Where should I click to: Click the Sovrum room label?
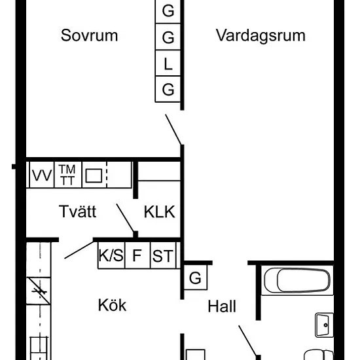[89, 35]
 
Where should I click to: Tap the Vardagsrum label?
[261, 35]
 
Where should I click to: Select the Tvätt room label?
[78, 211]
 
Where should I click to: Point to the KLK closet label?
[160, 211]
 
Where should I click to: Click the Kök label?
[113, 305]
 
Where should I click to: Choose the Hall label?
[222, 306]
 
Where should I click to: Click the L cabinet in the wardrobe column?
[168, 63]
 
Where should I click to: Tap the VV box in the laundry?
[42, 175]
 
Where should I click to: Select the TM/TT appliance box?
[67, 175]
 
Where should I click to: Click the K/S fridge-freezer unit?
[111, 255]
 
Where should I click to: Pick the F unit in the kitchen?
[137, 255]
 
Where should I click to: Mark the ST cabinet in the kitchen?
[163, 255]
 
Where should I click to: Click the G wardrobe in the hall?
[196, 278]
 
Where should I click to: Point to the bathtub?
[297, 280]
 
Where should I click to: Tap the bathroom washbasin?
[324, 325]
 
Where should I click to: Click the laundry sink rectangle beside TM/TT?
[94, 175]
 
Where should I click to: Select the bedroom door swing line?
[173, 130]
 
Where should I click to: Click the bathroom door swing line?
[247, 340]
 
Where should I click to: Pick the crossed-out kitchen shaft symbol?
[39, 291]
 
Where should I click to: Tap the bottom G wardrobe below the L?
[168, 89]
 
